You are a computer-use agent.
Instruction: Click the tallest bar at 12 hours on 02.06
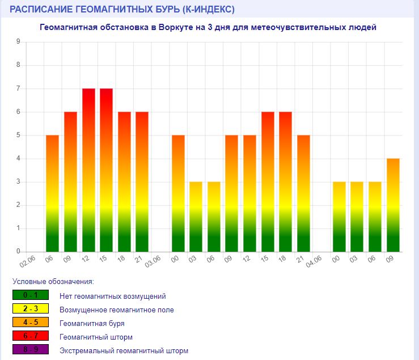tap(88, 170)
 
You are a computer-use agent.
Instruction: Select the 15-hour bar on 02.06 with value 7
tap(107, 170)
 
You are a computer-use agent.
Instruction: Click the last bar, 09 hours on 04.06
tap(393, 205)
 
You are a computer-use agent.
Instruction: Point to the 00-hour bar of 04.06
tap(339, 217)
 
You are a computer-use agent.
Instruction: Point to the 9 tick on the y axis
tap(18, 42)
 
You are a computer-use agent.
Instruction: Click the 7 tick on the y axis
tap(18, 88)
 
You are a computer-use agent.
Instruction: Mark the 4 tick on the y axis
tap(18, 159)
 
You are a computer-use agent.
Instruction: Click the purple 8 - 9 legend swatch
tap(31, 350)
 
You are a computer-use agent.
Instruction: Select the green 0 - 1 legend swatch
tap(31, 295)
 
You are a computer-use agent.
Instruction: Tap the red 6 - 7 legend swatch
tap(31, 337)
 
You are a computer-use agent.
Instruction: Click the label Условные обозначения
tap(53, 281)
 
